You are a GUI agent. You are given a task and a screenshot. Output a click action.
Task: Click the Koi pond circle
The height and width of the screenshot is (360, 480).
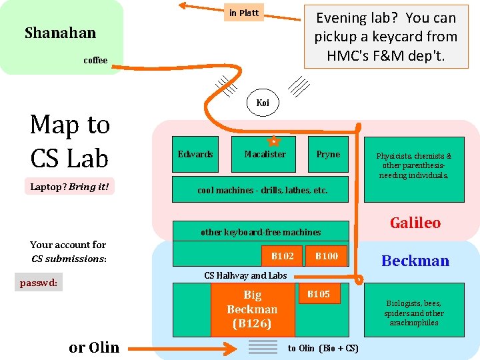click(x=263, y=103)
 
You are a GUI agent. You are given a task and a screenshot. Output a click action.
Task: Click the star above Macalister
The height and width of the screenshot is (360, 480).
click(x=272, y=141)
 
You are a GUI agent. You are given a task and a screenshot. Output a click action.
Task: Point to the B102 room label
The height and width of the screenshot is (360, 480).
click(x=282, y=256)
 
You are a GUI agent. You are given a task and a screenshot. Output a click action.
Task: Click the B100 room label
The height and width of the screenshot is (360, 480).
click(x=327, y=256)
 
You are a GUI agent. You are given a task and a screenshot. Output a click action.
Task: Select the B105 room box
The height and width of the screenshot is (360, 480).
click(x=319, y=294)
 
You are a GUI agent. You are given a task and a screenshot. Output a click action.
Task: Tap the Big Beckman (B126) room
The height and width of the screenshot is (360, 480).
click(x=253, y=310)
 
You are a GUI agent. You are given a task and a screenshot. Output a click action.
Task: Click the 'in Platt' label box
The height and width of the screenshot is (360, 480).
click(x=244, y=13)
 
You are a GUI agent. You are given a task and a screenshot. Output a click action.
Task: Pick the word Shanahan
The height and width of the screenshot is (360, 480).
click(x=60, y=33)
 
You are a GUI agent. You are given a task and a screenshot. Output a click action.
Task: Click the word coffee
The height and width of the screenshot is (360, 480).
click(x=95, y=61)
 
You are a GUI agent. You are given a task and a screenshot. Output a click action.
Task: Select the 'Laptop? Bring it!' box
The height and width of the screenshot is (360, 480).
click(x=69, y=187)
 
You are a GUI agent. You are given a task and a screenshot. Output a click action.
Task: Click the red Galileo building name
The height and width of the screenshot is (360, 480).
click(x=415, y=223)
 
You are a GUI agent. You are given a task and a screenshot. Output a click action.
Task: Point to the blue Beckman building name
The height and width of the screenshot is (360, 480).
click(x=415, y=261)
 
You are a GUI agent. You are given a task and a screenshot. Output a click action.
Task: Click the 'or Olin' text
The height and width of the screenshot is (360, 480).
click(x=94, y=347)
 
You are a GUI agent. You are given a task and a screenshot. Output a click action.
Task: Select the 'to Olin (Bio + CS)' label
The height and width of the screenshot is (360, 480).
click(x=323, y=348)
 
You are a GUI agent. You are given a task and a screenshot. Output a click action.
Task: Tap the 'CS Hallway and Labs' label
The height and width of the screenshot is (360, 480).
click(x=245, y=275)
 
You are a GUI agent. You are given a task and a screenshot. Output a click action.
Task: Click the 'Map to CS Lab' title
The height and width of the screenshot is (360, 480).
click(x=70, y=141)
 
